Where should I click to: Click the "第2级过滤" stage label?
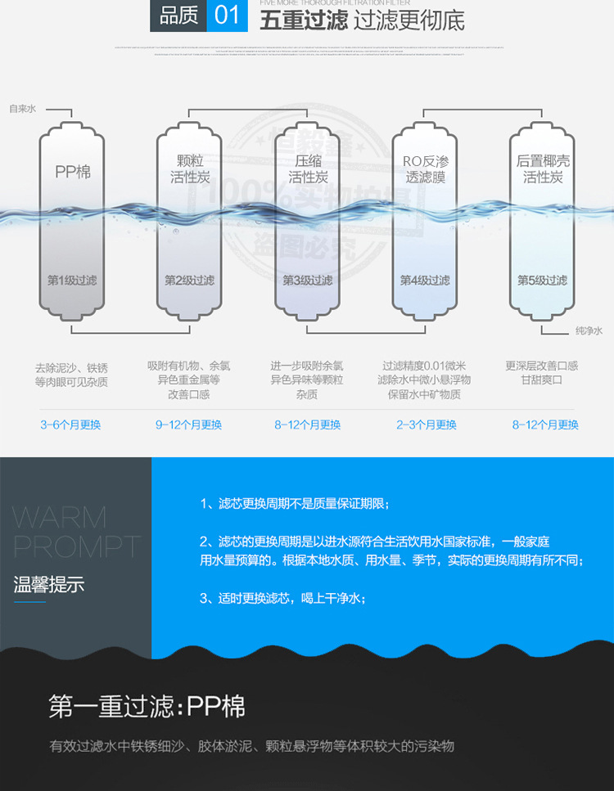pyautogui.click(x=189, y=281)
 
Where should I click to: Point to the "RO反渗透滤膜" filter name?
pyautogui.click(x=424, y=169)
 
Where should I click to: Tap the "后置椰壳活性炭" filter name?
pyautogui.click(x=543, y=169)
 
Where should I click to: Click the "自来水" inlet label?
pyautogui.click(x=22, y=108)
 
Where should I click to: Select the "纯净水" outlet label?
pyautogui.click(x=588, y=330)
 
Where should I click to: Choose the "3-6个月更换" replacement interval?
pyautogui.click(x=70, y=425)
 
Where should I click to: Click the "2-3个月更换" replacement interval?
pyautogui.click(x=427, y=425)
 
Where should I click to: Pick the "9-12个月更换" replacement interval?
pyautogui.click(x=189, y=425)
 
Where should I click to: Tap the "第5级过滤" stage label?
pyautogui.click(x=542, y=281)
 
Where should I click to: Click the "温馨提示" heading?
pyautogui.click(x=49, y=584)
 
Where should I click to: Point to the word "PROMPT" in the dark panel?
pyautogui.click(x=77, y=546)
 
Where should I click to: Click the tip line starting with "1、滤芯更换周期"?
pyautogui.click(x=296, y=503)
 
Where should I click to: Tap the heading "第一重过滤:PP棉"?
pyautogui.click(x=147, y=706)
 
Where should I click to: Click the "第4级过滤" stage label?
pyautogui.click(x=425, y=281)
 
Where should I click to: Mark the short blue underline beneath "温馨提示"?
pyautogui.click(x=30, y=602)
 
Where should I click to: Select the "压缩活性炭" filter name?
pyautogui.click(x=309, y=169)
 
